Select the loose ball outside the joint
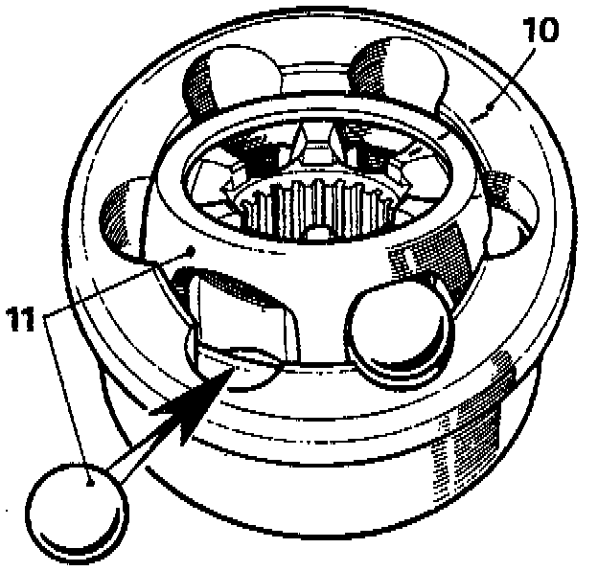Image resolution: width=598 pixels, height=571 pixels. pyautogui.click(x=77, y=504)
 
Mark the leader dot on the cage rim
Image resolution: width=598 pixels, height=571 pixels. pyautogui.click(x=193, y=250)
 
